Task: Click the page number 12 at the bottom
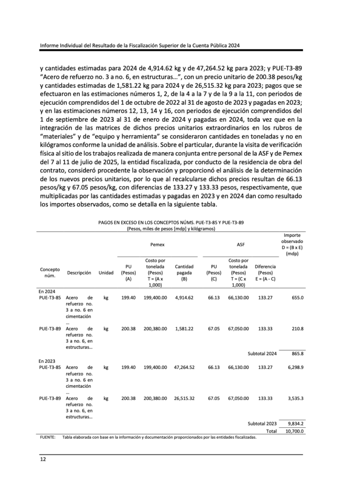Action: click(x=42, y=458)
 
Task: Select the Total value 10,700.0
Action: click(x=294, y=431)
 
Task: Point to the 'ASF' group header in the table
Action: click(x=240, y=245)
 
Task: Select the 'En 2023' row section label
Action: click(x=46, y=360)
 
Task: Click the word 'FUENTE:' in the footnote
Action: click(x=48, y=437)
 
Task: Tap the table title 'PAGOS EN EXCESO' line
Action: click(x=171, y=222)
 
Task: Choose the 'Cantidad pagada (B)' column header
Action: click(x=184, y=273)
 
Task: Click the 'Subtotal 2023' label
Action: click(x=262, y=424)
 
